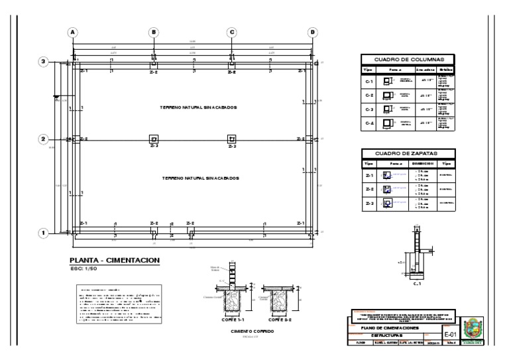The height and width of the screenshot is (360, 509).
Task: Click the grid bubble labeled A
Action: [73, 32]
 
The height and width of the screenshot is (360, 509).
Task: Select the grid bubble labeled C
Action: [232, 32]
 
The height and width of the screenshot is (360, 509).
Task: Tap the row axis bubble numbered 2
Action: [44, 139]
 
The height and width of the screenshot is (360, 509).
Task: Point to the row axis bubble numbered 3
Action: [44, 62]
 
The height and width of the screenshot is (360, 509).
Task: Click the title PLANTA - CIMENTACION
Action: [114, 261]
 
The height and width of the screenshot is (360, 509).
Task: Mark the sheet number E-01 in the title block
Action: [451, 335]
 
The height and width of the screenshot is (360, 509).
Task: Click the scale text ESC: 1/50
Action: [84, 270]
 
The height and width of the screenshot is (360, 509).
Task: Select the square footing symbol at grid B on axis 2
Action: [154, 139]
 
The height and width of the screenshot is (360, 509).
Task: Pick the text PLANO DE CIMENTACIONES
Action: [390, 328]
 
